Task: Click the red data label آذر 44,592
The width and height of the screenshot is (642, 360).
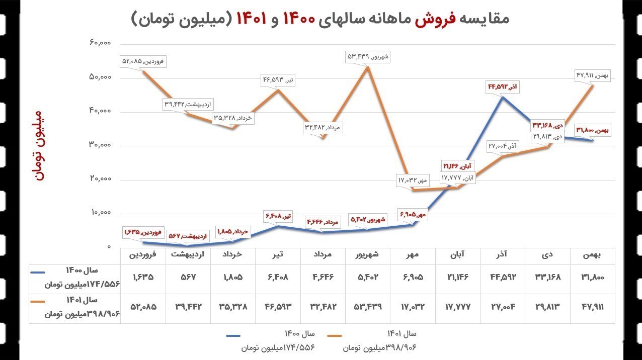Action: (x=502, y=87)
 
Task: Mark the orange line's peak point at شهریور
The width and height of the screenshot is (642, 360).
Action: (x=368, y=67)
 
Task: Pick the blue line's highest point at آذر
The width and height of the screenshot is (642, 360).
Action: (x=502, y=97)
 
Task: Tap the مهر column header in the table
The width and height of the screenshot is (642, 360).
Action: (x=413, y=255)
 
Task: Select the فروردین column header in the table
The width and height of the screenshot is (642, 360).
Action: (x=143, y=255)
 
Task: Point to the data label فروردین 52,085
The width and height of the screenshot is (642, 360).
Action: (x=143, y=61)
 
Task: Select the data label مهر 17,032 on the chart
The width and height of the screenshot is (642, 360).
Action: (x=414, y=180)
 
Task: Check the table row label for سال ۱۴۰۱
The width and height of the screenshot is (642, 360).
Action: (x=75, y=307)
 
